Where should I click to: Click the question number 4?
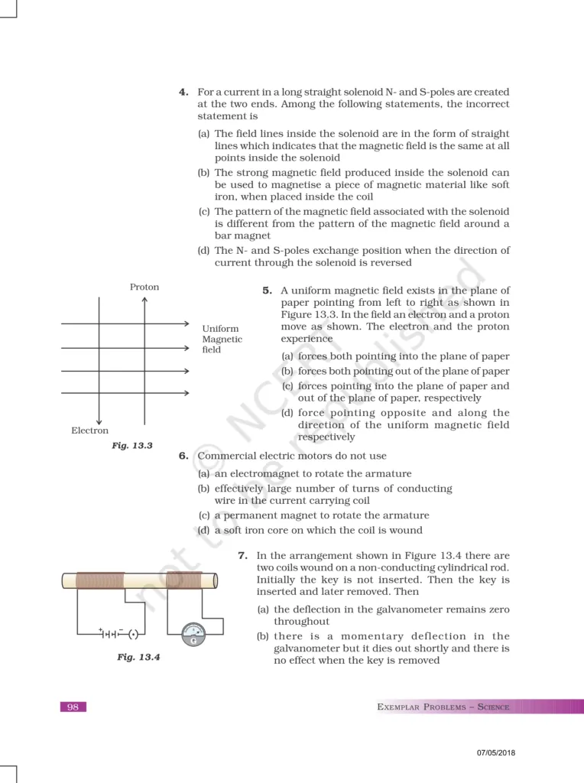pos(183,93)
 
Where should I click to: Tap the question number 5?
pos(268,291)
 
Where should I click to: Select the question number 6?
pos(183,456)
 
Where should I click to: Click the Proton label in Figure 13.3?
pos(144,287)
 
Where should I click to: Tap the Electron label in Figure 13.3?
pos(89,430)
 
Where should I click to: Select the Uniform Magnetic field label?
pos(222,339)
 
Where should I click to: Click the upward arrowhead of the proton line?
pos(144,300)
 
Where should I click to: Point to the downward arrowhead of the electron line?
pos(99,420)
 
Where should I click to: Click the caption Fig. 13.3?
pos(132,445)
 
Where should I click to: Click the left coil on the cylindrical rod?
pos(99,580)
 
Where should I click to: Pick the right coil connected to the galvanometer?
pos(184,580)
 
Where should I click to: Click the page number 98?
pos(73,707)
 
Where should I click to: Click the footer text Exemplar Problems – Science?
pos(443,707)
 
